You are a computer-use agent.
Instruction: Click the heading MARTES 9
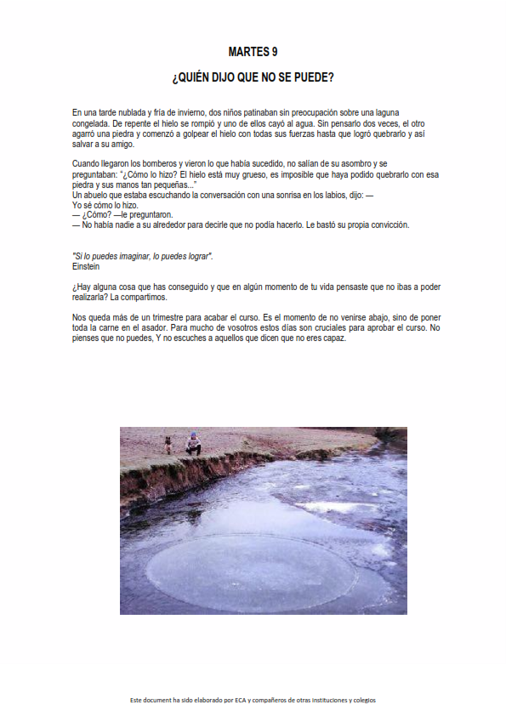click(x=253, y=52)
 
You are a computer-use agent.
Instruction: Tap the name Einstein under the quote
click(x=86, y=266)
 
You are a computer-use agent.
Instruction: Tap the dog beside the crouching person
click(x=168, y=443)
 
